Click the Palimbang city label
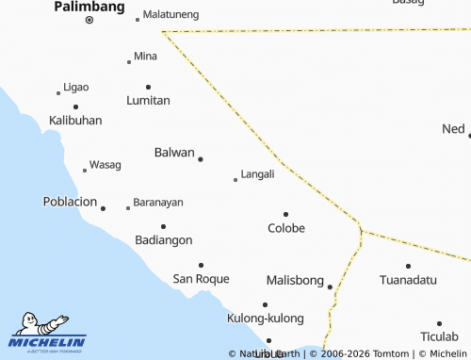(89, 7)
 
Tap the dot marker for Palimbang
(89, 20)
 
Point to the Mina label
(145, 57)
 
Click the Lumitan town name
(148, 100)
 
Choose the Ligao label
(75, 88)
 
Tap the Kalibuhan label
(75, 121)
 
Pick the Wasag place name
(105, 165)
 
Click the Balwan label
(173, 153)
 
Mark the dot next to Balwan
(200, 159)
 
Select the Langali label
(257, 174)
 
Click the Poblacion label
(70, 202)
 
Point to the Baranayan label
(158, 203)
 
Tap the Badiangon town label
(163, 240)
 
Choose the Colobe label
(286, 228)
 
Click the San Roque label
(201, 279)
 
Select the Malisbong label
(295, 281)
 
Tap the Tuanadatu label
(408, 281)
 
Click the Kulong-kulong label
(266, 319)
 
